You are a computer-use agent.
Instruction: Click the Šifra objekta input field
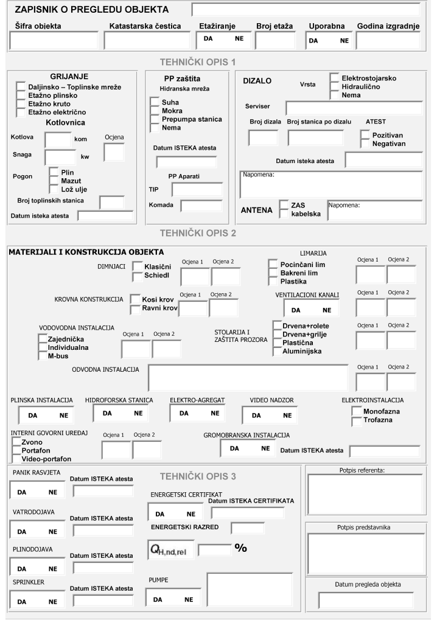(x=54, y=40)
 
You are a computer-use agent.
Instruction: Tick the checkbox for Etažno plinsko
(x=22, y=96)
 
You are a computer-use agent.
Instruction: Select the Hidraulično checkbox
(x=334, y=87)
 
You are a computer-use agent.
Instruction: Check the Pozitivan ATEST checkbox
(x=365, y=134)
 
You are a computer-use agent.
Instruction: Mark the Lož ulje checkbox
(x=54, y=189)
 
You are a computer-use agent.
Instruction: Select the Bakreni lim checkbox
(x=273, y=273)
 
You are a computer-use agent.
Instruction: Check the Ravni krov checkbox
(x=136, y=308)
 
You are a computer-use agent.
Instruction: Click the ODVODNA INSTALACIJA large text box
(x=249, y=377)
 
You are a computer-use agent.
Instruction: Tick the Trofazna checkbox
(x=357, y=420)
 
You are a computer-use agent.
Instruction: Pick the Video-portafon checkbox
(x=16, y=458)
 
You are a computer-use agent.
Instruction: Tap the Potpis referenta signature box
(x=364, y=494)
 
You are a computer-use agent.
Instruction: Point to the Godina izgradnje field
(x=388, y=40)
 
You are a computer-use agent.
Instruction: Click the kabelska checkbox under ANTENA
(x=284, y=214)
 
